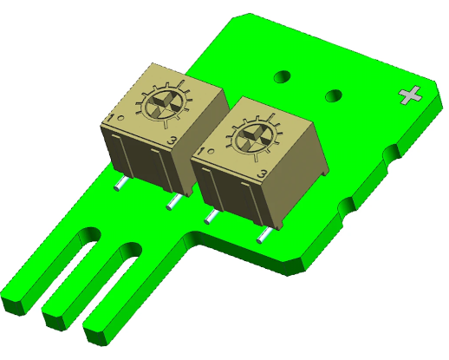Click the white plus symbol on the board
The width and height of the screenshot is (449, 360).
[x=410, y=95]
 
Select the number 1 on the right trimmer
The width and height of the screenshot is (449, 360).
[x=202, y=152]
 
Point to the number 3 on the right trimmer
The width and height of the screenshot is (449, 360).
[x=262, y=176]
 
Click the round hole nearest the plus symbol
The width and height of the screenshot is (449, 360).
[x=334, y=94]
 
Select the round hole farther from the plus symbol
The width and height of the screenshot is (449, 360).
[x=283, y=76]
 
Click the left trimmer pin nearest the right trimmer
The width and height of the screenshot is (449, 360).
[x=173, y=202]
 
